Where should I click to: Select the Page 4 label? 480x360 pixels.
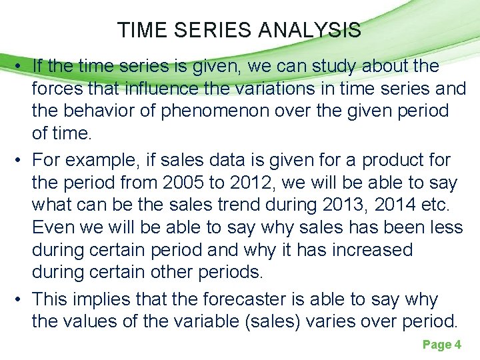click(441, 345)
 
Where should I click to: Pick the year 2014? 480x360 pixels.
click(394, 205)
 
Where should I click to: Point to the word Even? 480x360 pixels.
click(53, 228)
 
